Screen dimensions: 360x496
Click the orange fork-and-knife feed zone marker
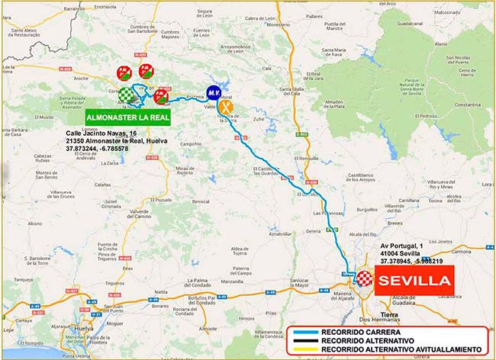[x=227, y=108]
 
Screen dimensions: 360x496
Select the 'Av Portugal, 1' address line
[x=401, y=246]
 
